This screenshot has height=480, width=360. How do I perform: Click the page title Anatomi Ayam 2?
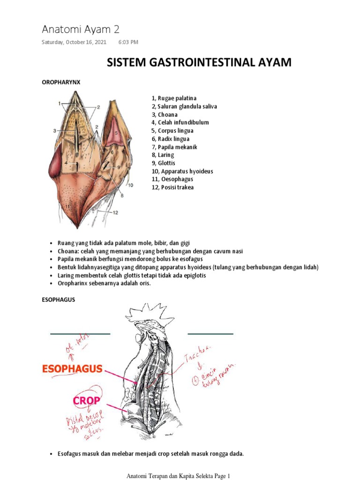pyautogui.click(x=81, y=30)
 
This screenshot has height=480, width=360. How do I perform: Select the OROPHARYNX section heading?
pyautogui.click(x=61, y=82)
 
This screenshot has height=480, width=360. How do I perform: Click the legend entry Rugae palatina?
pyautogui.click(x=173, y=98)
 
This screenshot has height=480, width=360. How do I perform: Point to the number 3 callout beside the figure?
pyautogui.click(x=55, y=131)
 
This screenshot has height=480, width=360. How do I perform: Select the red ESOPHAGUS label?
pyautogui.click(x=72, y=369)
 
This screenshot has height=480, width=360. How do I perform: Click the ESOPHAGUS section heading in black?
pyautogui.click(x=58, y=300)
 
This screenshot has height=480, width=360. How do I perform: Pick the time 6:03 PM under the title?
pyautogui.click(x=128, y=42)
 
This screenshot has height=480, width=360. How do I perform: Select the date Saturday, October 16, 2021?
pyautogui.click(x=74, y=42)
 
